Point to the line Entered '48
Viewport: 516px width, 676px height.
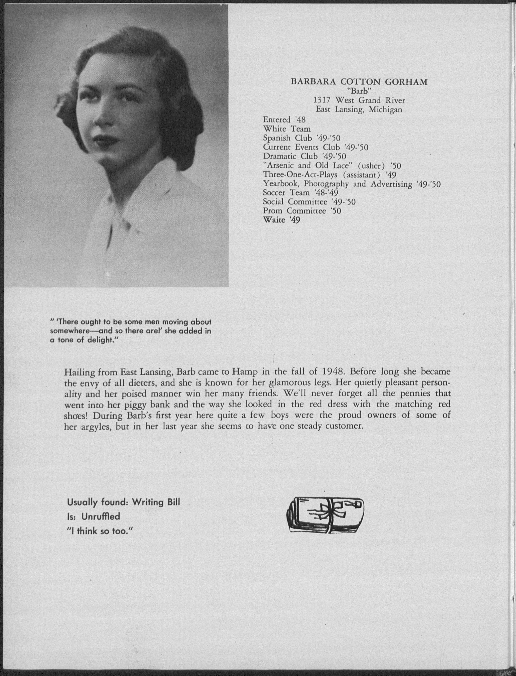(284, 120)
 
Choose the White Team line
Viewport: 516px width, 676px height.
(287, 129)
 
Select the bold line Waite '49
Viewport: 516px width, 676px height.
(282, 220)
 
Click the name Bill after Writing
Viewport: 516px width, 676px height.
(173, 502)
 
